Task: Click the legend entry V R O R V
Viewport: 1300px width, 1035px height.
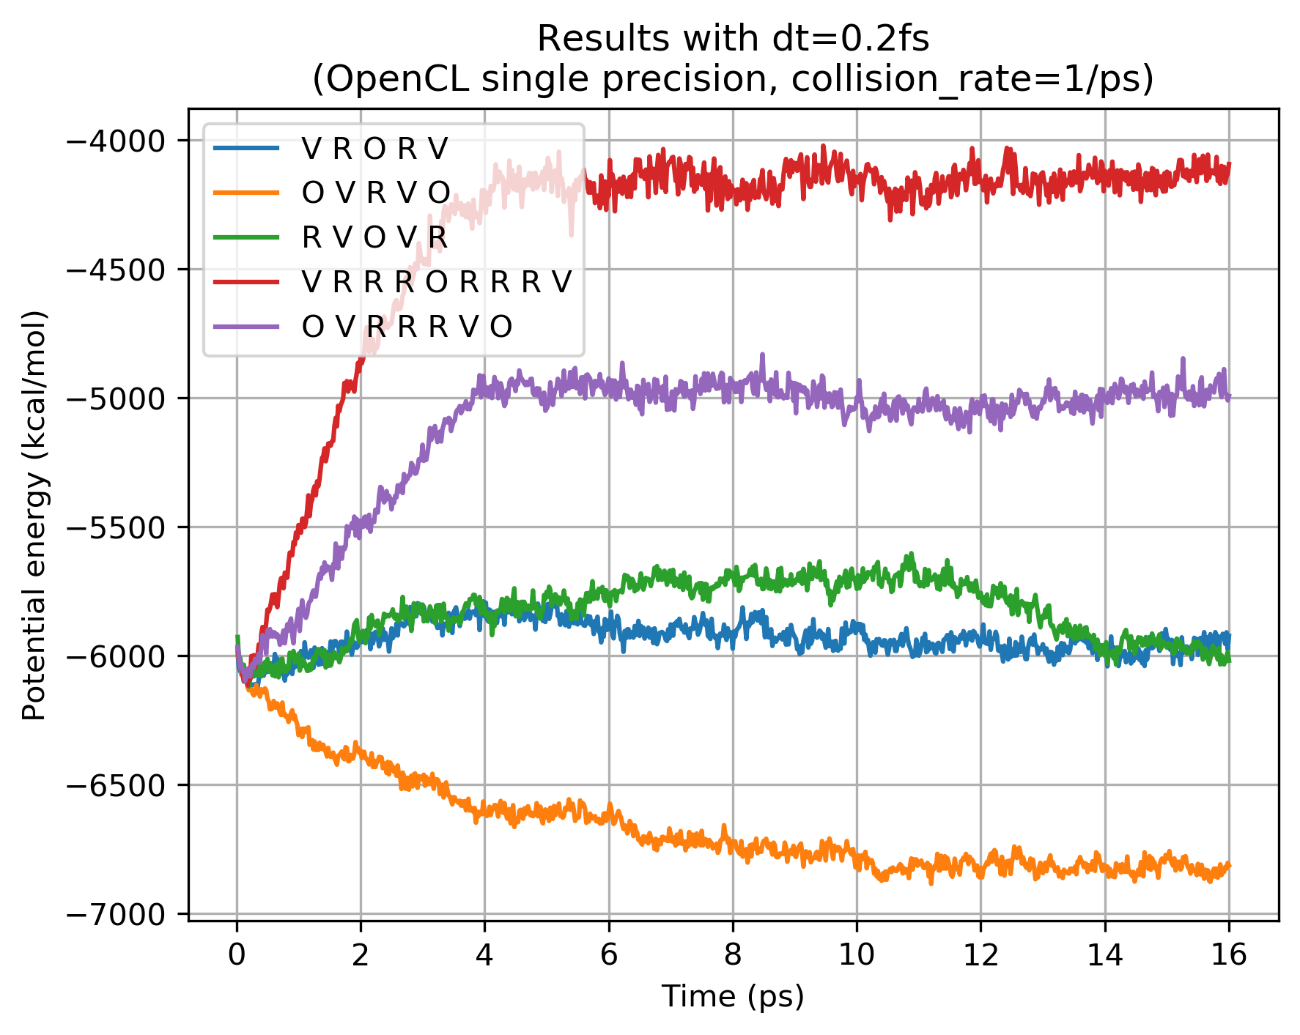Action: point(374,149)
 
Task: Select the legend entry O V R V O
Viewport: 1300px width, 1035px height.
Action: point(375,193)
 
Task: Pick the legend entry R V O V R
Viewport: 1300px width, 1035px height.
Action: point(374,237)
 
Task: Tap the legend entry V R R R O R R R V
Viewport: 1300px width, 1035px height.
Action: point(435,282)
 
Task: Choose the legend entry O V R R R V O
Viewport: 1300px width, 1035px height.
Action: point(406,327)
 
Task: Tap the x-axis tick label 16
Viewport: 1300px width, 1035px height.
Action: point(1229,955)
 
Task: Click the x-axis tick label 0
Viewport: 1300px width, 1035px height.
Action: point(237,955)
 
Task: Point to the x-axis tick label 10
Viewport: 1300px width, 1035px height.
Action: point(857,955)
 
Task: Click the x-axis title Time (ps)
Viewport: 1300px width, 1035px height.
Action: point(733,997)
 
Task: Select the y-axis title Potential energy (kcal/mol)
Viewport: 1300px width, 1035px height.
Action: point(34,515)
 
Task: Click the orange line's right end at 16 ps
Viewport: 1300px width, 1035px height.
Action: point(1230,865)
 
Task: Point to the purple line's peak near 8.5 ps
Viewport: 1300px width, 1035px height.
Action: point(762,355)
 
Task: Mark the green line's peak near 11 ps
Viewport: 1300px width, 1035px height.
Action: point(912,554)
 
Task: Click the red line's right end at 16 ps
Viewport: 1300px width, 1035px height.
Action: point(1230,164)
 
